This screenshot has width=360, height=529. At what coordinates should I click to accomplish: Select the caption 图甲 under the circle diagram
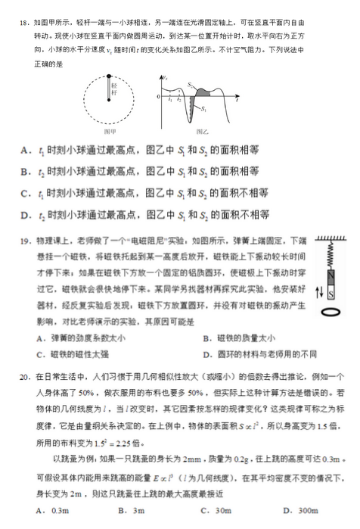(x=110, y=130)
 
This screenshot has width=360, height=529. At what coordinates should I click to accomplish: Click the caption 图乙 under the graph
(x=198, y=130)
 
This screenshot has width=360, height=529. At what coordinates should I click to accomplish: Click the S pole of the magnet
(x=330, y=290)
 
